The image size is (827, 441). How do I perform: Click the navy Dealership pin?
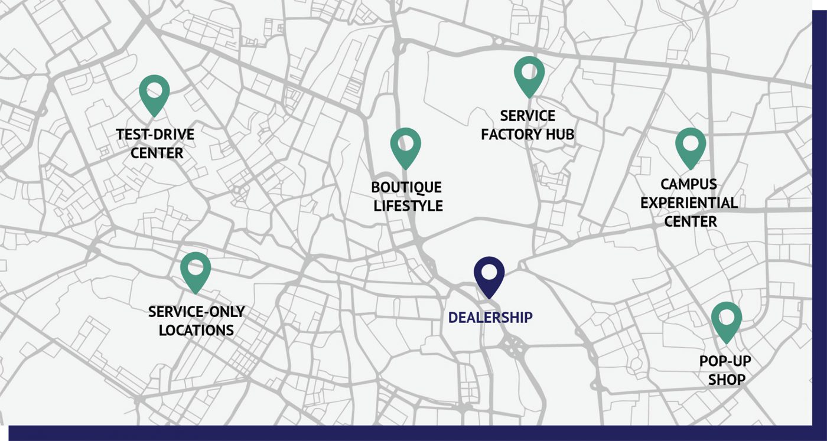[x=489, y=274]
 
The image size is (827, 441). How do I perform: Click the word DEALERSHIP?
[x=490, y=318]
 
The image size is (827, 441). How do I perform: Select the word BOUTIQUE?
[x=406, y=188]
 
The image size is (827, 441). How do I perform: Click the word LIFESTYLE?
[x=408, y=206]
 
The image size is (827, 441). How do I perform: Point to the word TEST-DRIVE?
[x=155, y=135]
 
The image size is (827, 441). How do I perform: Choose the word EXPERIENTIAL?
[x=689, y=203]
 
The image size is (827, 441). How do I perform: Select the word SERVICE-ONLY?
[x=196, y=312]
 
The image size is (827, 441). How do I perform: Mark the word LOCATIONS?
[x=196, y=330]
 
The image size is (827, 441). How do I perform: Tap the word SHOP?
[x=727, y=380]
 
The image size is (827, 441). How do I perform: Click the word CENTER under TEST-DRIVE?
[x=157, y=153]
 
